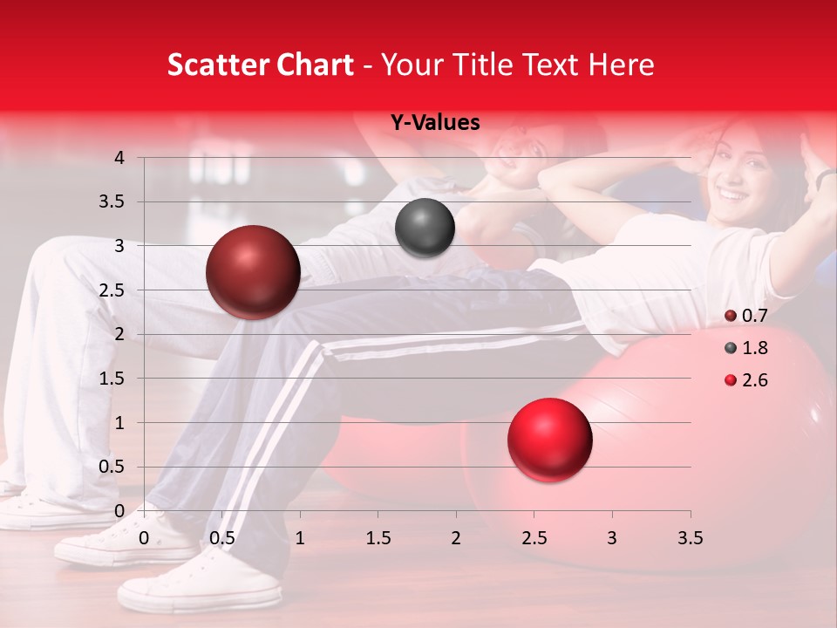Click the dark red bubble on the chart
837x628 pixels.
click(x=253, y=272)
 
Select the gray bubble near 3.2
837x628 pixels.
click(x=425, y=228)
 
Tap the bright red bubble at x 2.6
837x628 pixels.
click(x=549, y=440)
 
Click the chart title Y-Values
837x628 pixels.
click(x=434, y=123)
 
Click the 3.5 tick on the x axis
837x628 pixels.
click(x=690, y=538)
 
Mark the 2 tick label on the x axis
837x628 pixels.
click(x=455, y=538)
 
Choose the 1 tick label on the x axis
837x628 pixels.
click(x=299, y=538)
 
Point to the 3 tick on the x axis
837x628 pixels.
click(x=611, y=538)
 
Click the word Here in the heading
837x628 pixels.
click(x=621, y=65)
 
